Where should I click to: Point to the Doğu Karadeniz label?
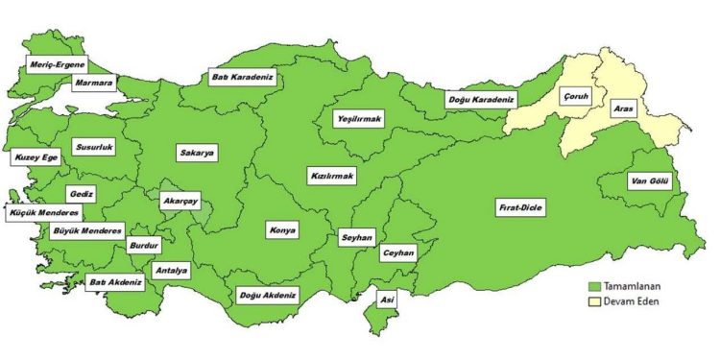481,99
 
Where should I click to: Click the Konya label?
282,230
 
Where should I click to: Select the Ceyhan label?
397,252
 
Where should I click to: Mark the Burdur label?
142,246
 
